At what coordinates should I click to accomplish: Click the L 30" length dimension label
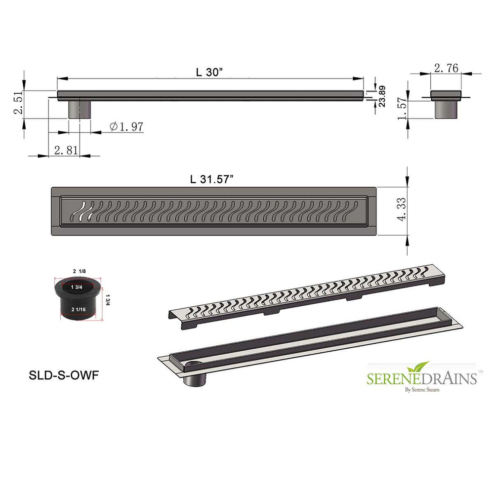coord(209,72)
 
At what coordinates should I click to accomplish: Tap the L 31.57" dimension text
coord(212,179)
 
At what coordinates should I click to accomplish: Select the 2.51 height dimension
coord(18,102)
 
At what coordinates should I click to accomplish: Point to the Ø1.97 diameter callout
coord(126,126)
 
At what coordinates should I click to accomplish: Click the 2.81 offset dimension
coord(66,150)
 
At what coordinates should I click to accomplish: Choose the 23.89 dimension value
coord(382,96)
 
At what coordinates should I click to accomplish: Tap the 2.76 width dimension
coord(446,68)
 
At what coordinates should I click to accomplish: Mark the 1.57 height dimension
coord(402,109)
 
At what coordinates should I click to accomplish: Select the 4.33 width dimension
coord(402,209)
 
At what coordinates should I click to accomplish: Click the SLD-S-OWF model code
coord(64,375)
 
